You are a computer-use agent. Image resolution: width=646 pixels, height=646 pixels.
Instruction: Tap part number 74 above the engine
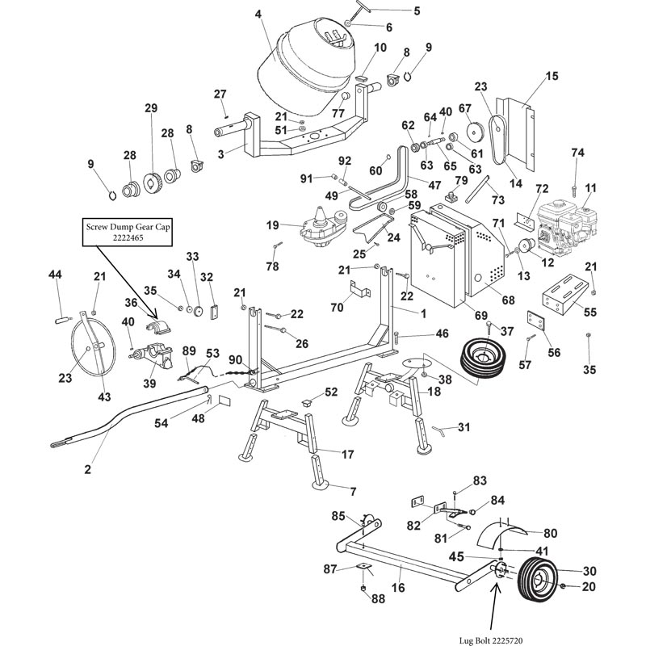[x=577, y=153]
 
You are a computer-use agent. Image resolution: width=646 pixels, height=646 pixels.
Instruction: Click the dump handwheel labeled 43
[x=88, y=347]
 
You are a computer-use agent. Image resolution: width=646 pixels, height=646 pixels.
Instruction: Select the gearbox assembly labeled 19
[x=323, y=225]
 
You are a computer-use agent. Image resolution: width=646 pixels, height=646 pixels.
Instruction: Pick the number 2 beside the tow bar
[x=88, y=469]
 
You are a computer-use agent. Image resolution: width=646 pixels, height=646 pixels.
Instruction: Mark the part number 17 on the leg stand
[x=347, y=455]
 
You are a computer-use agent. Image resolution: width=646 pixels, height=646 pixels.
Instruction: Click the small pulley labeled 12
[x=527, y=248]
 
